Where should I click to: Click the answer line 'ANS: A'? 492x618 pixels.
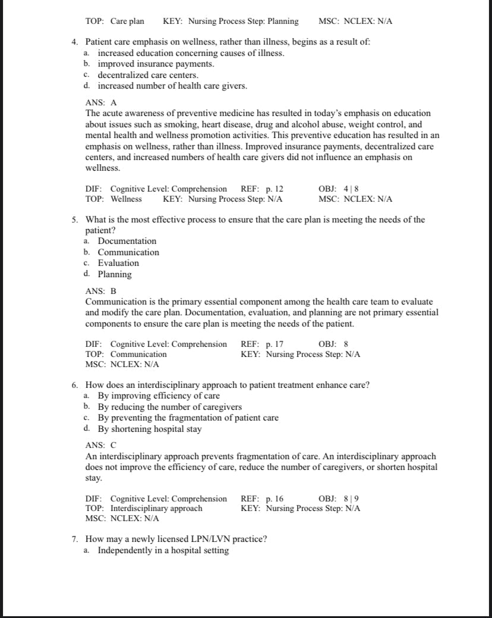tap(101, 102)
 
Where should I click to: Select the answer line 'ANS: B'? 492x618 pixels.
tap(101, 291)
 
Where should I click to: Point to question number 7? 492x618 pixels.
tap(75, 539)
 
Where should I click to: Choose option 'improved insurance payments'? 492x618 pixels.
tap(156, 64)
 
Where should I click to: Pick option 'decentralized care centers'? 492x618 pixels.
tap(148, 76)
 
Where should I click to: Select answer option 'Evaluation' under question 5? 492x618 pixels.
tap(118, 263)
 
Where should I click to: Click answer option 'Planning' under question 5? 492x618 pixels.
tap(115, 274)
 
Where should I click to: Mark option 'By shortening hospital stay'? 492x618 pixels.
tap(149, 429)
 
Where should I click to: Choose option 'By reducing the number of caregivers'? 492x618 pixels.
tap(169, 407)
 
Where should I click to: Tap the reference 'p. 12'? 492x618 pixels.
tap(275, 189)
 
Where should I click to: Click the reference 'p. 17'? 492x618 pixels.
tap(275, 344)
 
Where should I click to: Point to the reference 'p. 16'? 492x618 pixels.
tap(275, 498)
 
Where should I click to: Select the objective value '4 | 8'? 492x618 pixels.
tap(351, 189)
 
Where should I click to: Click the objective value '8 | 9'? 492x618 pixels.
tap(351, 498)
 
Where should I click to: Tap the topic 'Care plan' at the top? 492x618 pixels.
tap(127, 21)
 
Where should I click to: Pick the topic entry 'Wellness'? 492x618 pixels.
tap(126, 199)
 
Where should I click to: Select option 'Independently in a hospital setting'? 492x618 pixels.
tap(163, 550)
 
